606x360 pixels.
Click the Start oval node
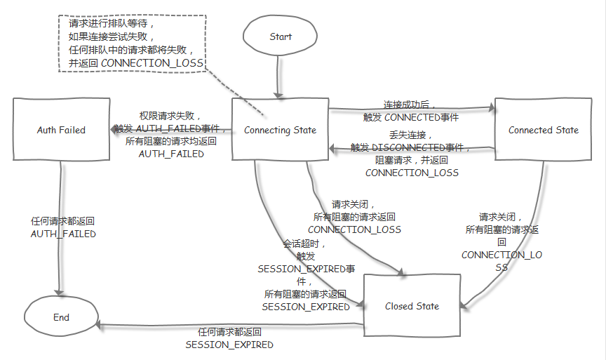281,36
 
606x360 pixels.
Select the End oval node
62,317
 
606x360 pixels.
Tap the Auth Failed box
61,130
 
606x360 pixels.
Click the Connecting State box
280,130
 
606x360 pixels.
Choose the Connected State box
544,130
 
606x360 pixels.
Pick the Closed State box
412,306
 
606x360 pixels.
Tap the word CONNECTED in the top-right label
410,117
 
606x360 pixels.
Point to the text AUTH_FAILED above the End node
63,234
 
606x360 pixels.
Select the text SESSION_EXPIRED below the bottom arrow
229,345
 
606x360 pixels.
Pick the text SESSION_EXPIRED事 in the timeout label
306,269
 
